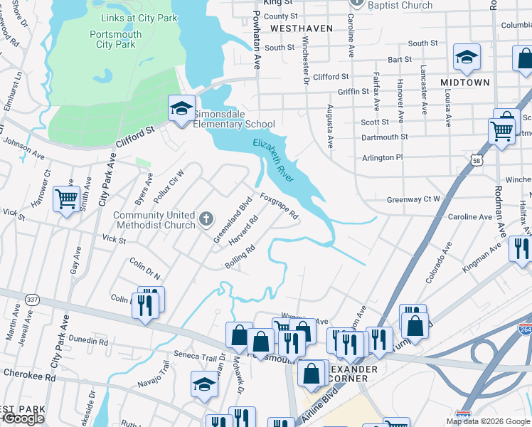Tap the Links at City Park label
click(139, 18)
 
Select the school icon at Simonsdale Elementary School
click(181, 109)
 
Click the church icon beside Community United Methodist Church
click(206, 219)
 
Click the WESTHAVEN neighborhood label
click(301, 28)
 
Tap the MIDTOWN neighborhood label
click(464, 83)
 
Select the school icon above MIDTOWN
click(467, 58)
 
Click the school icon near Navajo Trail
click(204, 384)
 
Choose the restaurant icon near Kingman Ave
click(521, 249)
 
